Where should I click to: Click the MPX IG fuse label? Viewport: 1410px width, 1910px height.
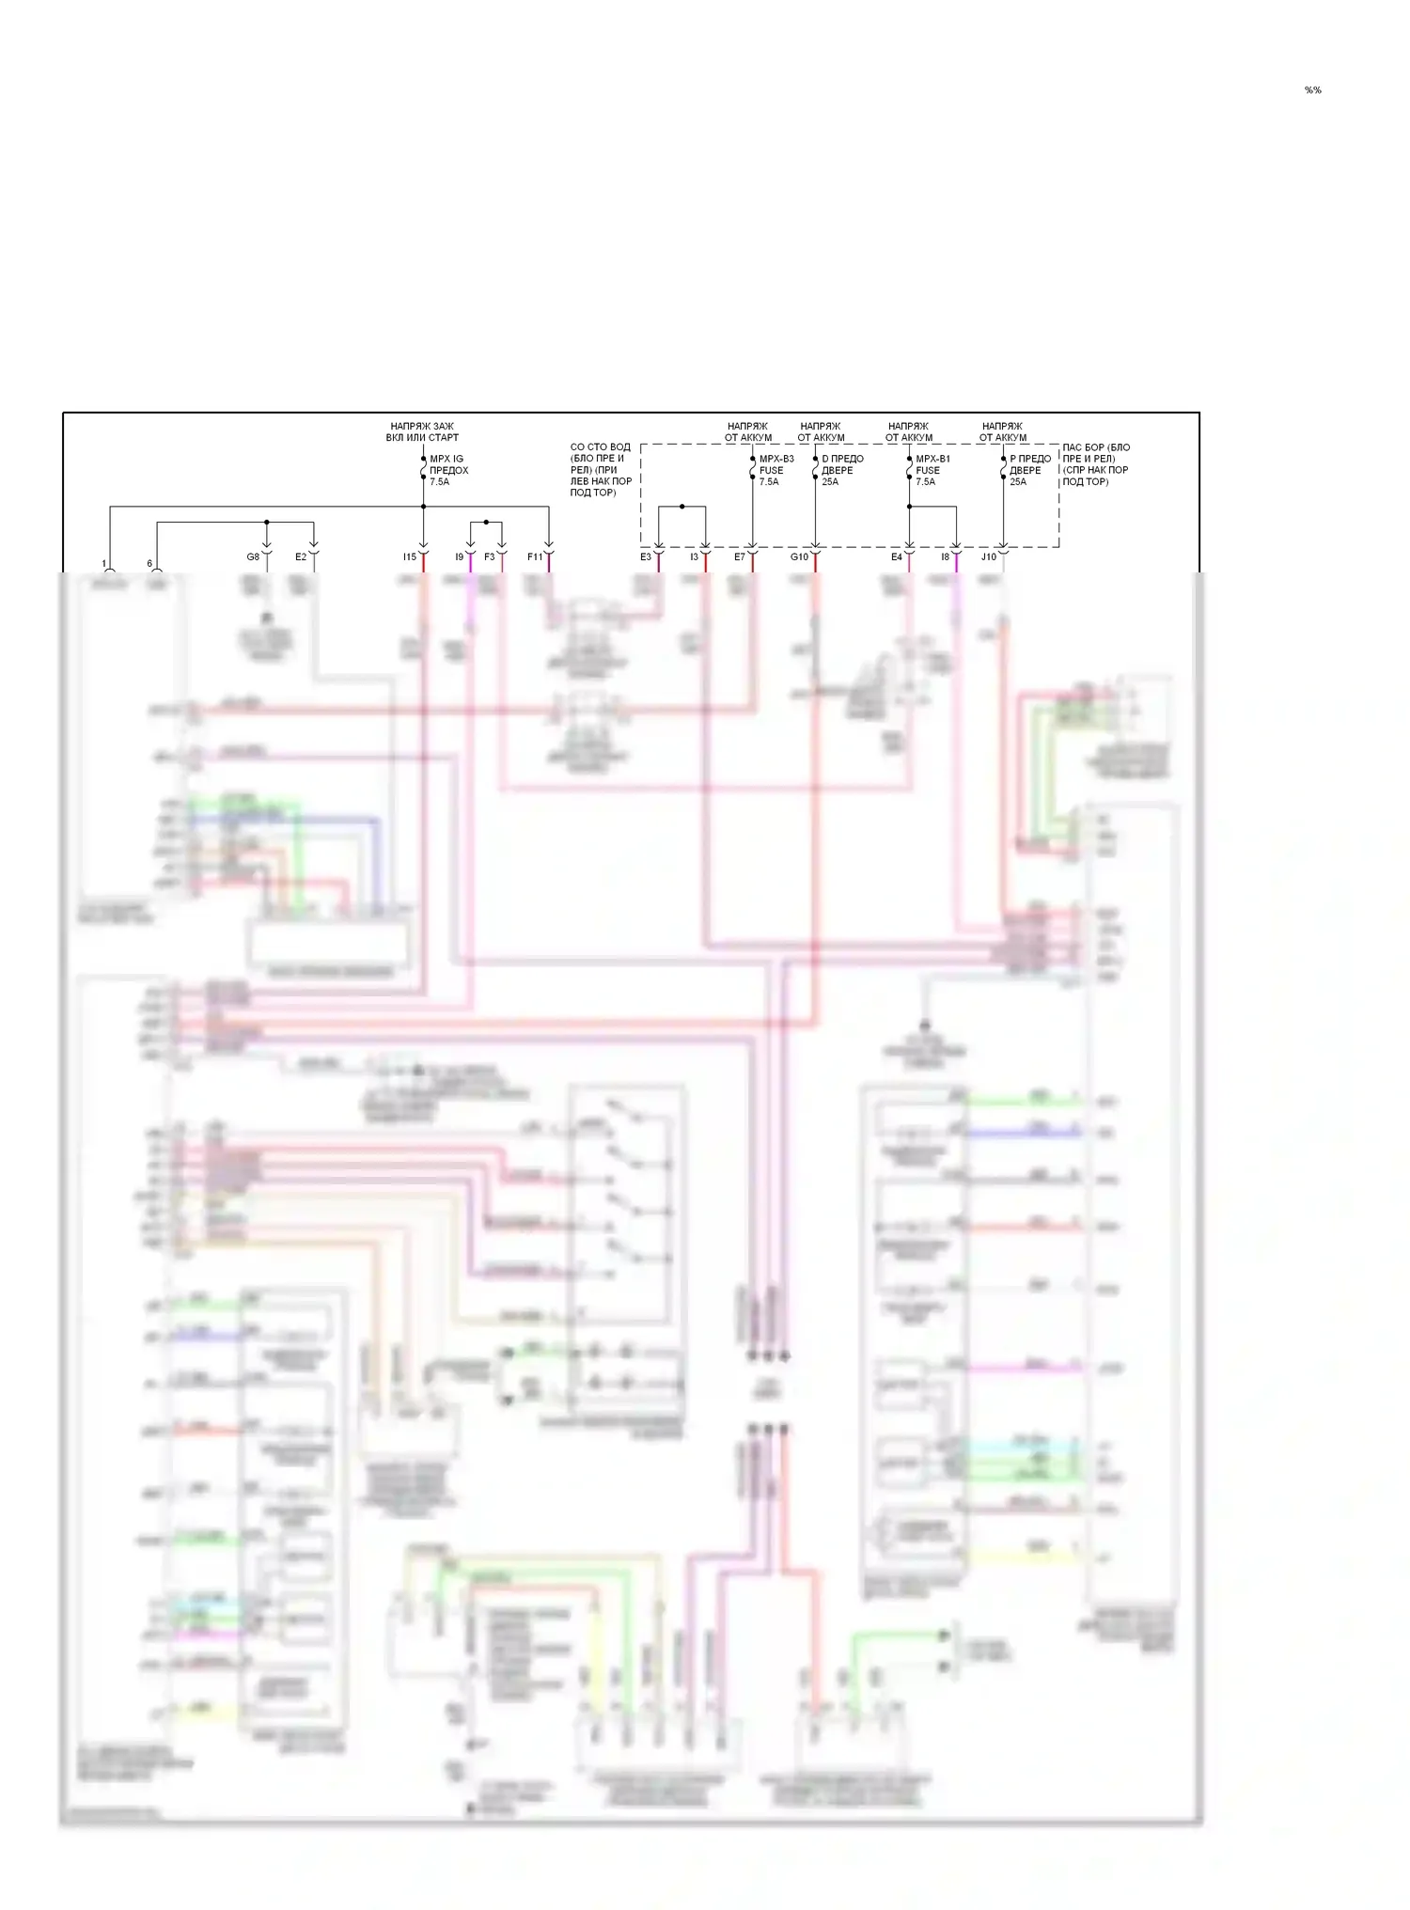click(448, 470)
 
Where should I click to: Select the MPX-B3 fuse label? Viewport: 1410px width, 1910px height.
click(775, 470)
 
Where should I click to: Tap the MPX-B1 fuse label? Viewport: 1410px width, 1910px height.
click(932, 470)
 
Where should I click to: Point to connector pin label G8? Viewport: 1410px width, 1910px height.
click(253, 557)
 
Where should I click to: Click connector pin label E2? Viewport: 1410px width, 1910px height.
click(301, 557)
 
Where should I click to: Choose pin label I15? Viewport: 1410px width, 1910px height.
click(409, 557)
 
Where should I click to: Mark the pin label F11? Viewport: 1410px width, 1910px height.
click(534, 557)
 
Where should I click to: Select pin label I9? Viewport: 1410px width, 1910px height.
click(459, 557)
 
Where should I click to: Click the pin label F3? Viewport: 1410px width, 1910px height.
click(489, 557)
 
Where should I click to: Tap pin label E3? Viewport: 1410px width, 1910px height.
click(646, 557)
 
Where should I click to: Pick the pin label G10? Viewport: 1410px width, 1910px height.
click(799, 557)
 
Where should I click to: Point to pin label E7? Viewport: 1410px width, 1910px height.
click(740, 557)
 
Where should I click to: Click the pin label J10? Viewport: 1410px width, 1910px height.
click(989, 557)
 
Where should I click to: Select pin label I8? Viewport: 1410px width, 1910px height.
click(945, 557)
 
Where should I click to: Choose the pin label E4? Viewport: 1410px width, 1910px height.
click(897, 557)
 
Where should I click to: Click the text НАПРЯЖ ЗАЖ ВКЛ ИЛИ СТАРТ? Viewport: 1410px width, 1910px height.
click(422, 431)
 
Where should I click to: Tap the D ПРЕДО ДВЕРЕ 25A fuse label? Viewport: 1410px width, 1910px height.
click(841, 470)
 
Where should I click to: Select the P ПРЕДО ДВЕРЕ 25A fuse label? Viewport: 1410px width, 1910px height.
click(1029, 470)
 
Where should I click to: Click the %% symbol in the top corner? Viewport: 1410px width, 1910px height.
click(1312, 90)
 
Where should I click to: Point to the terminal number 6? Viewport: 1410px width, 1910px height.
click(149, 564)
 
